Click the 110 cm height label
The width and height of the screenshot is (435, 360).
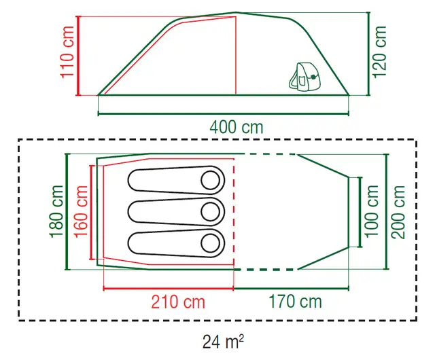click(x=67, y=52)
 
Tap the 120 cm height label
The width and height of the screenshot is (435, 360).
click(x=379, y=52)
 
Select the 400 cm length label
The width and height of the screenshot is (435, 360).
click(x=237, y=127)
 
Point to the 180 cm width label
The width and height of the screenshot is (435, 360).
click(x=56, y=212)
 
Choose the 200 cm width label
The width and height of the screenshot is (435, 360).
click(x=398, y=212)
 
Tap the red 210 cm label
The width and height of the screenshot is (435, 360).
click(x=178, y=302)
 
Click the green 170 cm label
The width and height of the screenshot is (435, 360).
click(x=295, y=302)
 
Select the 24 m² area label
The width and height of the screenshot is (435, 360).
click(x=224, y=342)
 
